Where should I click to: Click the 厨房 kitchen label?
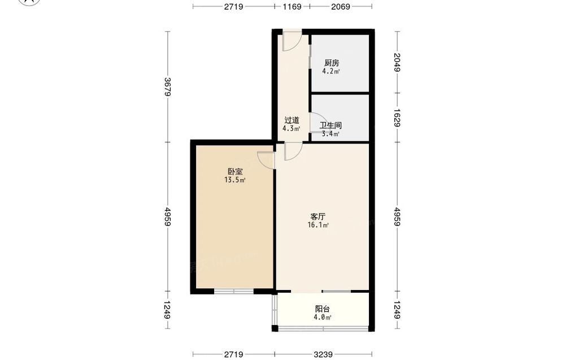tap(332, 63)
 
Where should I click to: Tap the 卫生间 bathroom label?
tap(331, 125)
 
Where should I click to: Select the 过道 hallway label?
tap(292, 120)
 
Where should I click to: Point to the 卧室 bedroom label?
tap(235, 172)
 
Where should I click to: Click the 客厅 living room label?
tap(318, 216)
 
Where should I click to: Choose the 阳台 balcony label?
tap(322, 309)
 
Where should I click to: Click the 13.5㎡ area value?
tap(235, 180)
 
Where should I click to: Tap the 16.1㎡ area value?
tap(318, 225)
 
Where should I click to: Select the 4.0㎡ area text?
tap(322, 318)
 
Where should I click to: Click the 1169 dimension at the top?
tap(292, 6)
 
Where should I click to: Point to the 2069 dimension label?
tap(341, 6)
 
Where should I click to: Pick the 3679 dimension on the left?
tap(167, 87)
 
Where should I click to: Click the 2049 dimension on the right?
tap(397, 62)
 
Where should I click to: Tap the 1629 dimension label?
tap(397, 118)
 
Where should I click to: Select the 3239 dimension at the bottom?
tap(323, 354)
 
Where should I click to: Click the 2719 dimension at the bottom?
tap(233, 354)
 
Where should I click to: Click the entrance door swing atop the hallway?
tap(292, 41)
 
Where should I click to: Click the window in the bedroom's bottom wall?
tap(234, 291)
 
